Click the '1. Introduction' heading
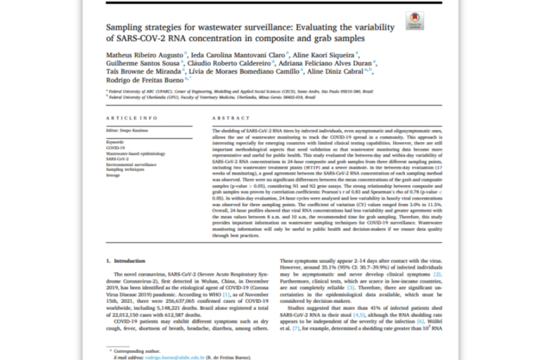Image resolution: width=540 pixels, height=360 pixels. [127, 259]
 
